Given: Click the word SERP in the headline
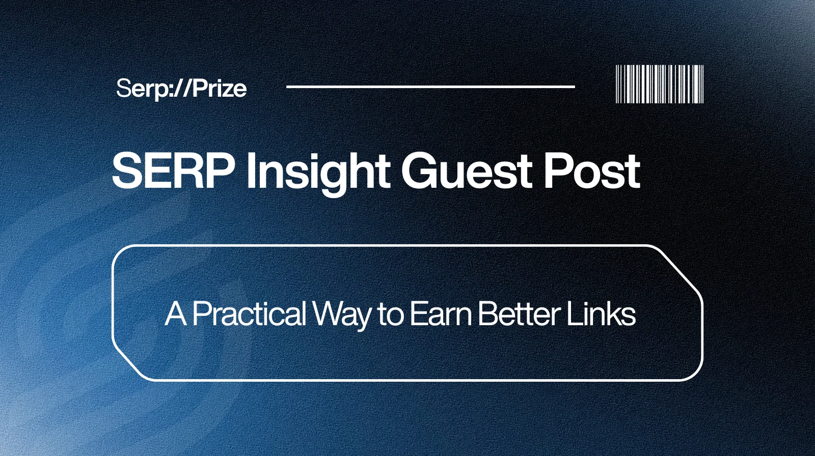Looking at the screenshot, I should pyautogui.click(x=173, y=171).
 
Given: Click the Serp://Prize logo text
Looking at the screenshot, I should pyautogui.click(x=181, y=89).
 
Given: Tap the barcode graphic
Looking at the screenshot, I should pyautogui.click(x=660, y=84).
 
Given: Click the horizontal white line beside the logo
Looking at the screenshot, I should pyautogui.click(x=430, y=87).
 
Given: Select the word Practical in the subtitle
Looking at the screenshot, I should pyautogui.click(x=249, y=314).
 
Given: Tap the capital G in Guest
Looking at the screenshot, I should pyautogui.click(x=419, y=171).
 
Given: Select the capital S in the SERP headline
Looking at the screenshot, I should pyautogui.click(x=127, y=171).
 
